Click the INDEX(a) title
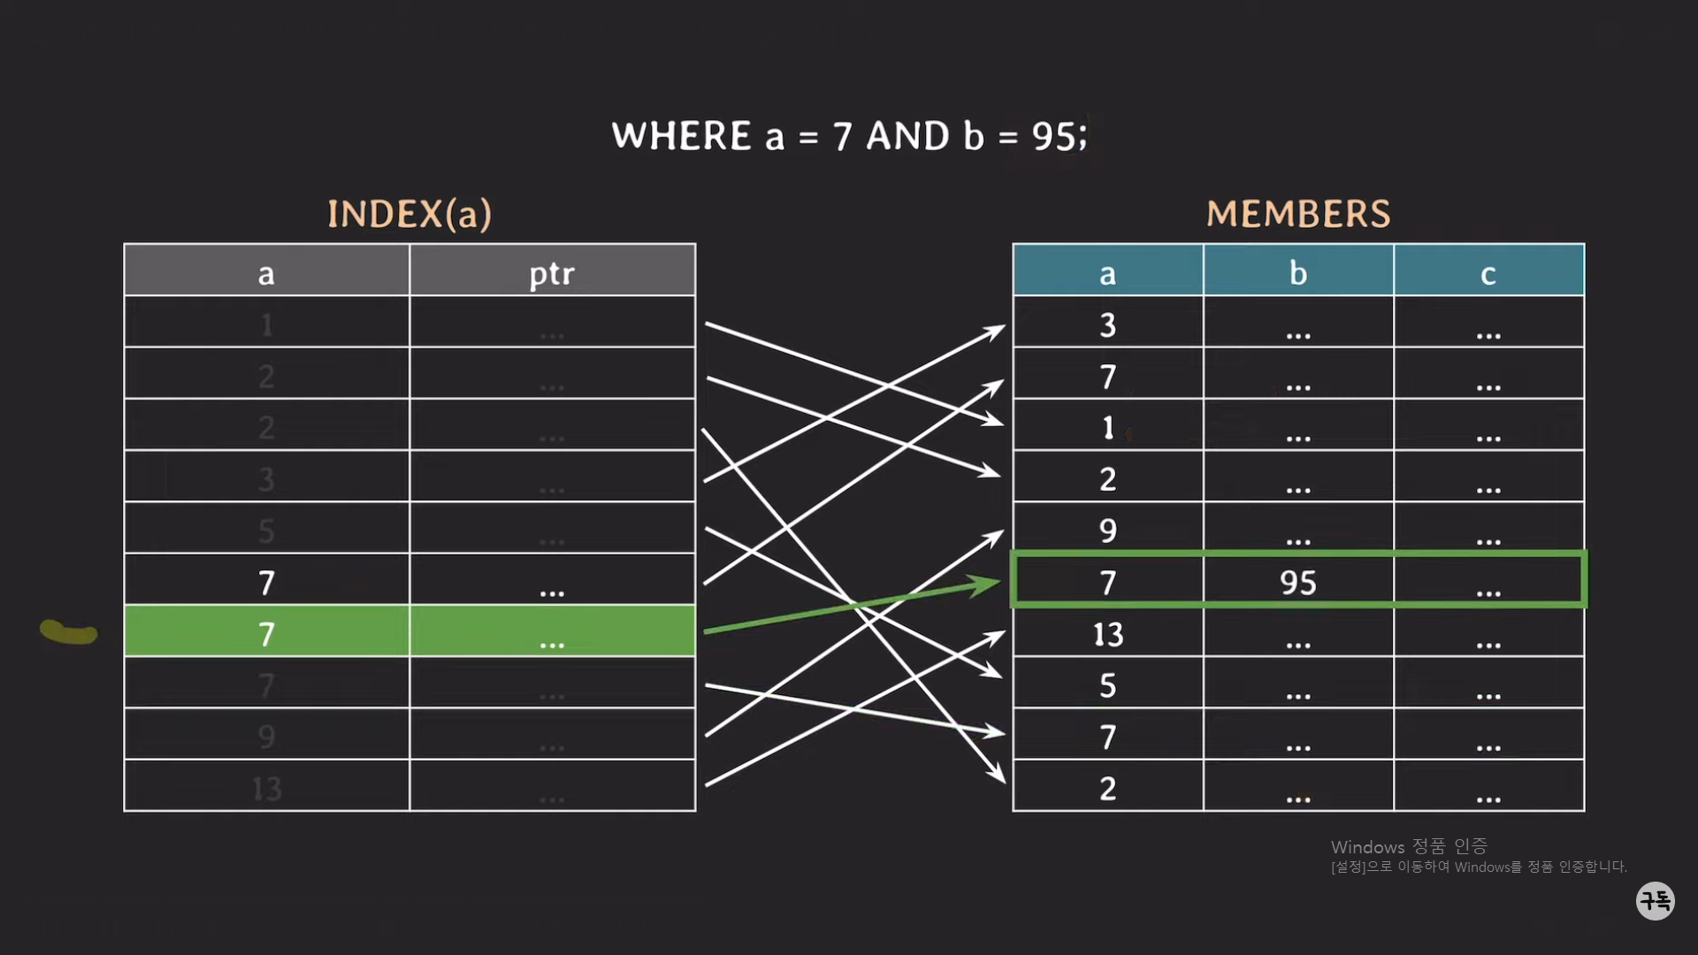tap(409, 214)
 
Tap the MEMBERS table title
tap(1298, 214)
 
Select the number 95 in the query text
tap(1053, 136)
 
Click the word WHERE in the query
tap(682, 136)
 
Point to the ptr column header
tap(552, 272)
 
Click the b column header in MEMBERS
tap(1297, 272)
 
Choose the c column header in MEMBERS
tap(1488, 272)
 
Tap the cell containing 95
tap(1297, 582)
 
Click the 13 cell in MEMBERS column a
tap(1107, 634)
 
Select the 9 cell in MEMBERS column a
tap(1107, 531)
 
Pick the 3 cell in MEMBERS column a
tap(1107, 325)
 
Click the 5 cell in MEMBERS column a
tap(1107, 685)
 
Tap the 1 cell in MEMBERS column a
tap(1107, 428)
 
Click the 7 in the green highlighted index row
tap(266, 634)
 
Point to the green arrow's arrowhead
tap(986, 584)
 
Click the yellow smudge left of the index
tap(68, 631)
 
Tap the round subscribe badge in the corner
tap(1655, 901)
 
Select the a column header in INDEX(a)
tap(266, 272)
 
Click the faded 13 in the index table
tap(266, 788)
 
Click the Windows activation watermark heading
tap(1409, 846)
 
